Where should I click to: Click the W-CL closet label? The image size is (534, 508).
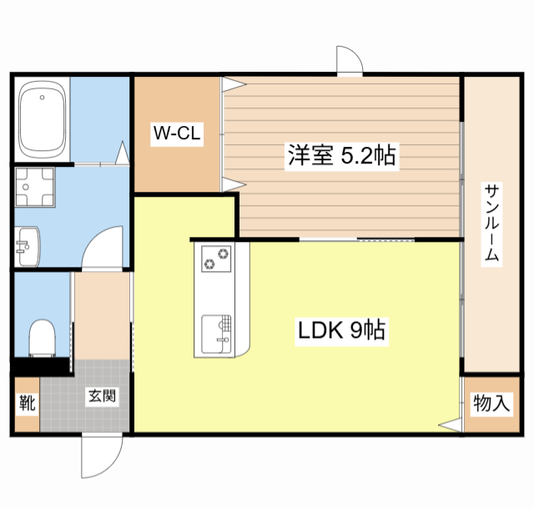coord(177,133)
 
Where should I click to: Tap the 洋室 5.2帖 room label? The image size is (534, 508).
coord(341,155)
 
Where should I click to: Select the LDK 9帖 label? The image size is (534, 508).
coord(341,330)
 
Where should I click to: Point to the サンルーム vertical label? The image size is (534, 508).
coord(491,224)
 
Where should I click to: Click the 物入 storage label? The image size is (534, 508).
coord(491,403)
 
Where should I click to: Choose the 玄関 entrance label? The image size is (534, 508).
coord(102,396)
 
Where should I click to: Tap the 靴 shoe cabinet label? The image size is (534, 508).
coord(28,403)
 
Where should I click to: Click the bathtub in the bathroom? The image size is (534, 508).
coord(42,119)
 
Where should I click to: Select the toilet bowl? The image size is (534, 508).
coord(43,338)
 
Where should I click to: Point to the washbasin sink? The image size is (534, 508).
coord(28,247)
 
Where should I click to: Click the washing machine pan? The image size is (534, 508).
coord(35,187)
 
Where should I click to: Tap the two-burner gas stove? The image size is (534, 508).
coord(216,259)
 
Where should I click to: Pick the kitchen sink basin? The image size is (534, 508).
coord(216,334)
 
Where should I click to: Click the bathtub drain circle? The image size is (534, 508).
coord(43,98)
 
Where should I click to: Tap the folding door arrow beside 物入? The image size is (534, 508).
coord(451,425)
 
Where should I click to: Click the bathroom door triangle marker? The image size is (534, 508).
coord(123,153)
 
